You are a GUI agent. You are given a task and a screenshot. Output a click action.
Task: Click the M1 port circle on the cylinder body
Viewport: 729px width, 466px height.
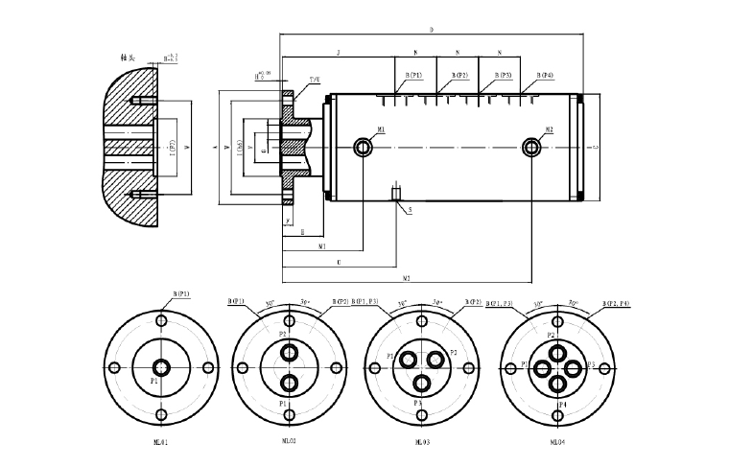coord(364,147)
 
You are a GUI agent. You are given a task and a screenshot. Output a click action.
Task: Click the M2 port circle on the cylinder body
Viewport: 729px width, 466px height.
coord(532,147)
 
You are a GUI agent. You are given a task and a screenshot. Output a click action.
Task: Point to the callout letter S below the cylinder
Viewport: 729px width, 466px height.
coord(410,208)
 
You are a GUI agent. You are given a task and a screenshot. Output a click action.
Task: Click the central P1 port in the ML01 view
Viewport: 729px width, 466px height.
coord(160,367)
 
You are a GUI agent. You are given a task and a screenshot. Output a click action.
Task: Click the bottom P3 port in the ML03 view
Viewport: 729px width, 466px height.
coord(421,383)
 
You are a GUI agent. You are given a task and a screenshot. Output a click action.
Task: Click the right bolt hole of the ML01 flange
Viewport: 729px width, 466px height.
coord(207,367)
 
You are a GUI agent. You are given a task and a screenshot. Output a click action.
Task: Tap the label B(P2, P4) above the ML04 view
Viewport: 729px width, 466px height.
coord(617,303)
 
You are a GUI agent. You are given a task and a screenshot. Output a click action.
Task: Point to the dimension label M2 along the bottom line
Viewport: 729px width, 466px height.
coord(407,278)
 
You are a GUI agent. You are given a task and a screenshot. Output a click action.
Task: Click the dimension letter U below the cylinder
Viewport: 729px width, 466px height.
coord(339,261)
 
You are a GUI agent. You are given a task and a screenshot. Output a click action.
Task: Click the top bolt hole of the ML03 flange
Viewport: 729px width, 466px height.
coord(421,320)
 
